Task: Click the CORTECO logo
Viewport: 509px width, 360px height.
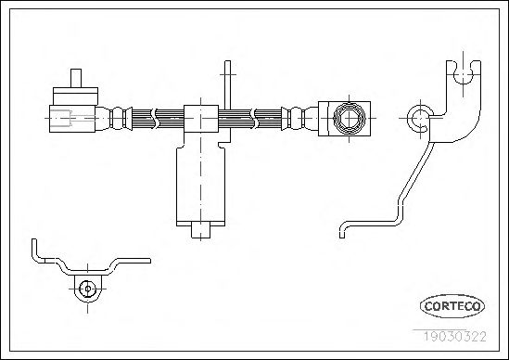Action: tap(452, 306)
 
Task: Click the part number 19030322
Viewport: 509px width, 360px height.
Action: tap(455, 336)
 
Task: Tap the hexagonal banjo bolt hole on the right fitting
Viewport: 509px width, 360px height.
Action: tap(350, 118)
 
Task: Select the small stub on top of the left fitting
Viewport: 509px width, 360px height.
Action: tap(76, 78)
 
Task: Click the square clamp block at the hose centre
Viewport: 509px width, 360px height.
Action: tap(201, 119)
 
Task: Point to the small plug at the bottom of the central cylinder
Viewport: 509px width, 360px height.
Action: tap(200, 230)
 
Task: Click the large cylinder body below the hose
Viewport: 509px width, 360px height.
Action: tap(200, 185)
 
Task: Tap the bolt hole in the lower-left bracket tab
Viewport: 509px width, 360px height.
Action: tap(87, 289)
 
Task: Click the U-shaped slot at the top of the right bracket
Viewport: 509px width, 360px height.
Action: tap(463, 72)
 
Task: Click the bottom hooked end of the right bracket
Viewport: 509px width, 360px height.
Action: tap(342, 230)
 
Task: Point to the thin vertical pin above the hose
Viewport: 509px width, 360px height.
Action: tap(227, 85)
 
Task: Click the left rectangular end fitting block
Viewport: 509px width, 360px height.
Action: tap(72, 119)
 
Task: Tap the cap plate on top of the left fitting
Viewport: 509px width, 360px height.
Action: tap(75, 96)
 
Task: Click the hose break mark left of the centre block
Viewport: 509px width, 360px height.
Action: tap(154, 118)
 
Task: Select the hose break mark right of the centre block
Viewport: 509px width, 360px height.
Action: tap(253, 118)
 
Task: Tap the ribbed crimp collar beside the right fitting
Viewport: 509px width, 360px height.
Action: tap(299, 119)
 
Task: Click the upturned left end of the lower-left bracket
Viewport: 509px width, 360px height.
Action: tap(35, 251)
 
